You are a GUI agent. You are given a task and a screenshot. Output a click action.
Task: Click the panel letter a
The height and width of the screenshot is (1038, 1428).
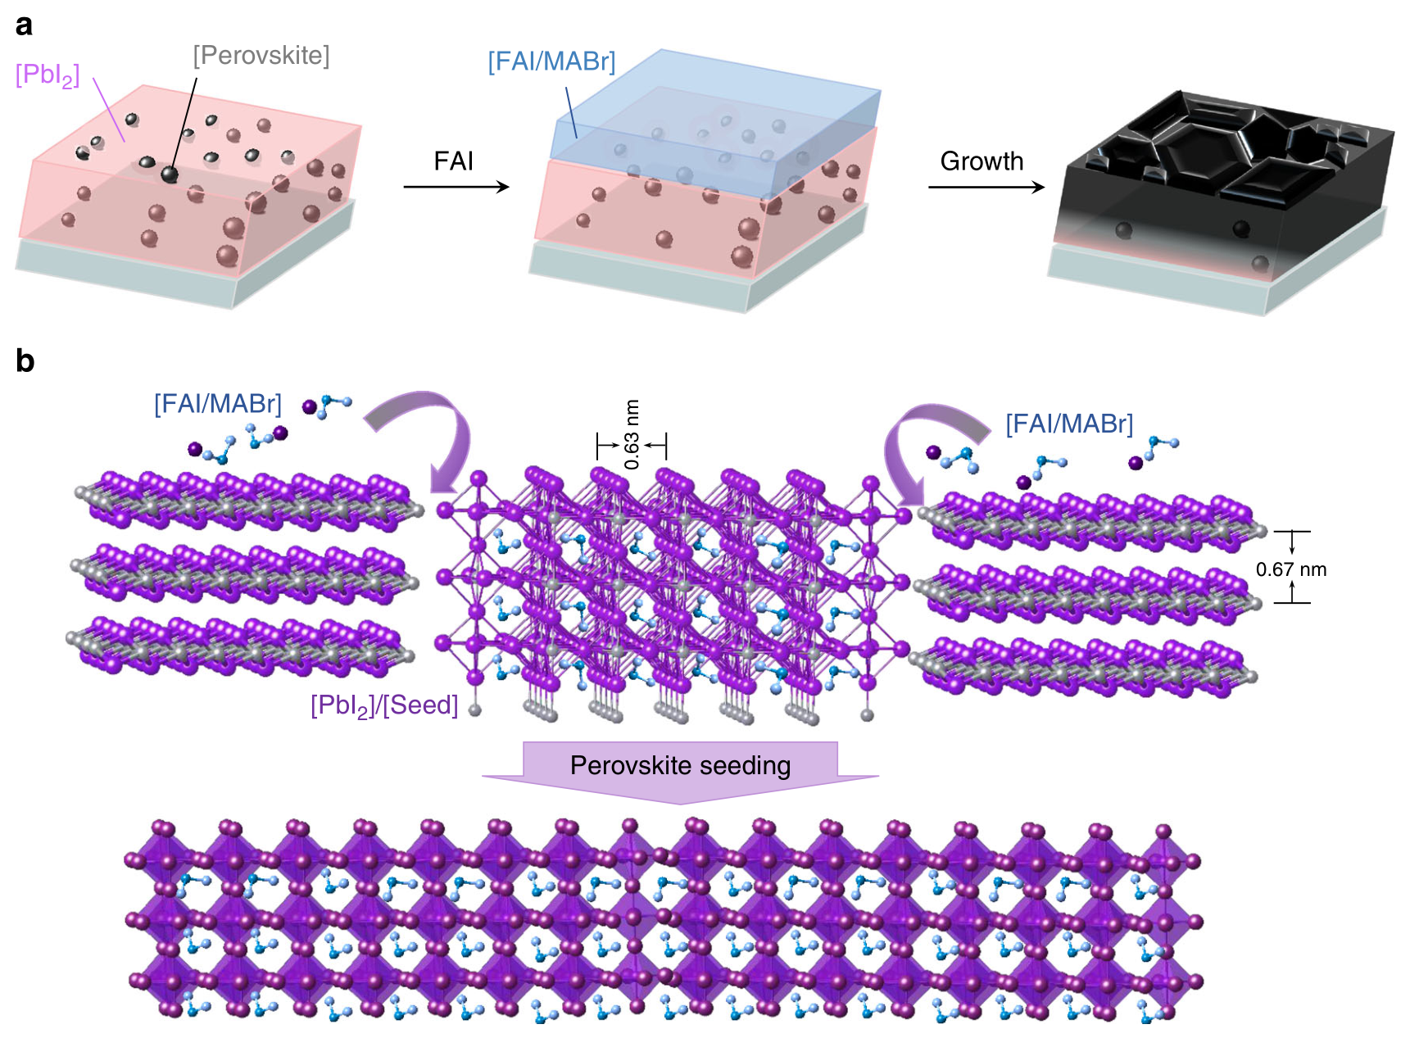point(24,25)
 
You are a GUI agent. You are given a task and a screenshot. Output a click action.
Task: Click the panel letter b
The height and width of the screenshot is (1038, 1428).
point(25,360)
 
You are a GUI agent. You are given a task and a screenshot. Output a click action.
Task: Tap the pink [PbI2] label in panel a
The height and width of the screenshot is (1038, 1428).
point(48,75)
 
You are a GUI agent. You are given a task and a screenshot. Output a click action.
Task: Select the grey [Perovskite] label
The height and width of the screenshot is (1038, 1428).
point(261,56)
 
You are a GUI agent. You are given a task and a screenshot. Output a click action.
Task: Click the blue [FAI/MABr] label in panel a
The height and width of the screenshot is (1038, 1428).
point(551,61)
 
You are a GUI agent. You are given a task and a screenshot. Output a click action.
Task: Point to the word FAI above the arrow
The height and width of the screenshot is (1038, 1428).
point(453,161)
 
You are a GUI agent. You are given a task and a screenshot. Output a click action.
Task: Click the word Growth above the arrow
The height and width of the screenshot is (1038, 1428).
point(981,161)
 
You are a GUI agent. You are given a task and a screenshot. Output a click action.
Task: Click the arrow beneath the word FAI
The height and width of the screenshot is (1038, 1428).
point(456,188)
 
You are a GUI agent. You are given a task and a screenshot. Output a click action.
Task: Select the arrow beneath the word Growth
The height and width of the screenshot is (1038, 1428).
point(986,188)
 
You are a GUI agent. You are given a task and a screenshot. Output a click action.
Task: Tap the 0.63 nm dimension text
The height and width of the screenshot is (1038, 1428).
point(632,434)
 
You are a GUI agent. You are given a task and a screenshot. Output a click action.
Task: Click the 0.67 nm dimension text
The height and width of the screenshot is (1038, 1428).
point(1290,569)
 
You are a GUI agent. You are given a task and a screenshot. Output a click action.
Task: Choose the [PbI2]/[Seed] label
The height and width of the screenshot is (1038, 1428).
point(383,705)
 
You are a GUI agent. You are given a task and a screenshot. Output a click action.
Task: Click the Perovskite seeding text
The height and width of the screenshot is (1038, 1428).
point(680,765)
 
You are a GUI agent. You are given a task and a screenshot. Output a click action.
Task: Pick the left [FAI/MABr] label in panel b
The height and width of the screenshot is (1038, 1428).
point(218,404)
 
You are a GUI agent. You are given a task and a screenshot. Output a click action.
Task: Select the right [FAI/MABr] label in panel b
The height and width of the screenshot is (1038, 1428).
point(1069,424)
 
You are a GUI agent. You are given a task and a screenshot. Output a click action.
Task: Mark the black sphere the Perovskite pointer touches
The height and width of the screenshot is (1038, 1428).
point(170,174)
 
